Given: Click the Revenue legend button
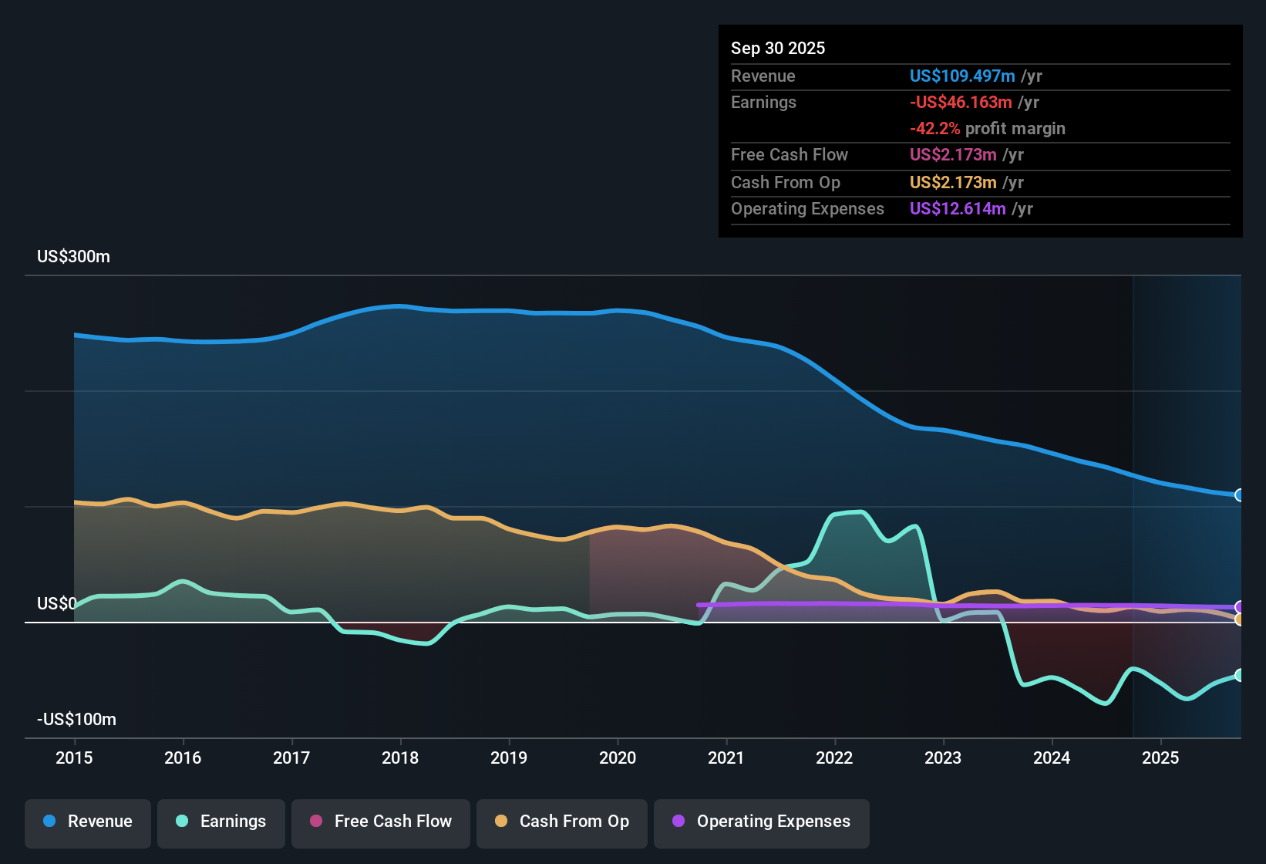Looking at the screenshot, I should click(x=88, y=822).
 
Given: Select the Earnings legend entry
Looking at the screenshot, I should click(x=221, y=822).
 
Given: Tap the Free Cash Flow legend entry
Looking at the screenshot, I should click(x=381, y=822).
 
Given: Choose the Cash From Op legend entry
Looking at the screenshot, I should click(x=562, y=822).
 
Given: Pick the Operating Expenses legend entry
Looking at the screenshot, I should click(x=762, y=822).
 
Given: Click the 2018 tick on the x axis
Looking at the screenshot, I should click(x=400, y=758).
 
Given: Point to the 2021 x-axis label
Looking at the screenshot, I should click(x=726, y=758).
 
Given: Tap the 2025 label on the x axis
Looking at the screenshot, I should click(x=1160, y=758).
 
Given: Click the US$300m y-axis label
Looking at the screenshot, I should click(x=74, y=257).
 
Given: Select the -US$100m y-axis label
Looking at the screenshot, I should click(x=77, y=720).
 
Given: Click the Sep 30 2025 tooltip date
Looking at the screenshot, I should click(x=778, y=49).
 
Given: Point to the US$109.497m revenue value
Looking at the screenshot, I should click(x=962, y=76).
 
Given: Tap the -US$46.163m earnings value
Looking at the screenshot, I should click(x=961, y=103).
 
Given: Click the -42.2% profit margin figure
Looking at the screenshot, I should click(x=934, y=129).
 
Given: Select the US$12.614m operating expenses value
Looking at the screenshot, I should click(x=958, y=209).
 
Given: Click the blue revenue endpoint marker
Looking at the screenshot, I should click(x=1239, y=495).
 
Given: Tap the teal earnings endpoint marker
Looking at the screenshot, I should click(x=1239, y=675).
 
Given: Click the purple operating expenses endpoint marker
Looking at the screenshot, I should click(x=1239, y=607).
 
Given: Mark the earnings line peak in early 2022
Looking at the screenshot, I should click(x=860, y=511).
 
